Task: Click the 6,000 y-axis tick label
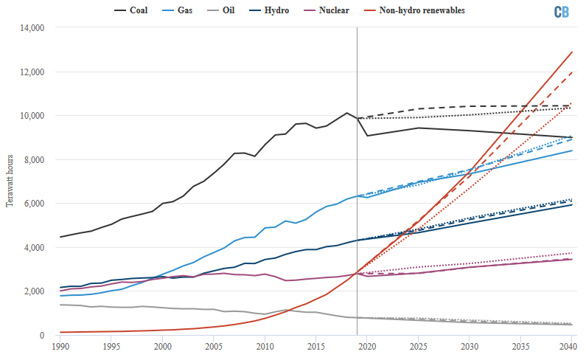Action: (x=34, y=204)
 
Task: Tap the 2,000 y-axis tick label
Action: (x=34, y=291)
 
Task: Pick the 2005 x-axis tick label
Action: (x=213, y=346)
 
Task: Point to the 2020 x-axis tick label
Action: (x=367, y=346)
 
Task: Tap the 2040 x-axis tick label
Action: (x=568, y=346)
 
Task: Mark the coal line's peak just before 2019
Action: (x=346, y=113)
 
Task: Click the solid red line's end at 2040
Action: (x=573, y=52)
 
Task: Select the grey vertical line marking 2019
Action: (x=357, y=184)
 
